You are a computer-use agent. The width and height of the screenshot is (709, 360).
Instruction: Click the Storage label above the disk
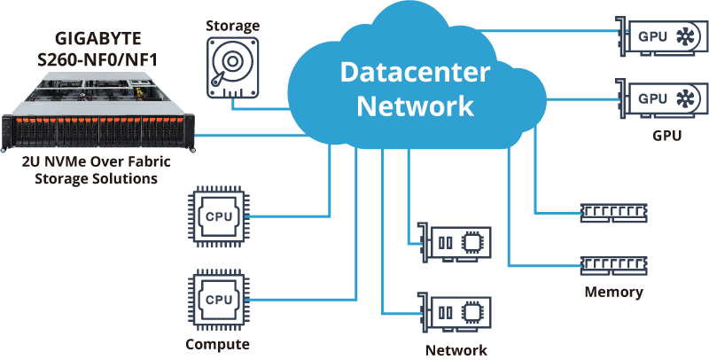(x=233, y=26)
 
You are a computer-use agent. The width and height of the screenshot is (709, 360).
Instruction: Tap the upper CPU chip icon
(x=217, y=216)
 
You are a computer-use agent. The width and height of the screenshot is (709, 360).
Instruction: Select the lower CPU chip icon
(x=217, y=299)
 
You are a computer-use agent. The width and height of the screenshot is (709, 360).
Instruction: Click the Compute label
(x=217, y=344)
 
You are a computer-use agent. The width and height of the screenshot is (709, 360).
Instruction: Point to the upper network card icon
(x=455, y=240)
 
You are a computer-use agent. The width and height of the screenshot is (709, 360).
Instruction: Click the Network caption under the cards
(x=456, y=349)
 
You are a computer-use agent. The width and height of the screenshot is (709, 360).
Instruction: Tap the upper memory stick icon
(x=612, y=212)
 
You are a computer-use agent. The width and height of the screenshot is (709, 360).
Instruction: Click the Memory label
(x=613, y=292)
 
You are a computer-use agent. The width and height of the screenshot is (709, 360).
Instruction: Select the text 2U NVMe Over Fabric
(x=97, y=161)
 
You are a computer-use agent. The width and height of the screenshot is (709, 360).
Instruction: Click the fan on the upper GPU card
(x=686, y=36)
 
